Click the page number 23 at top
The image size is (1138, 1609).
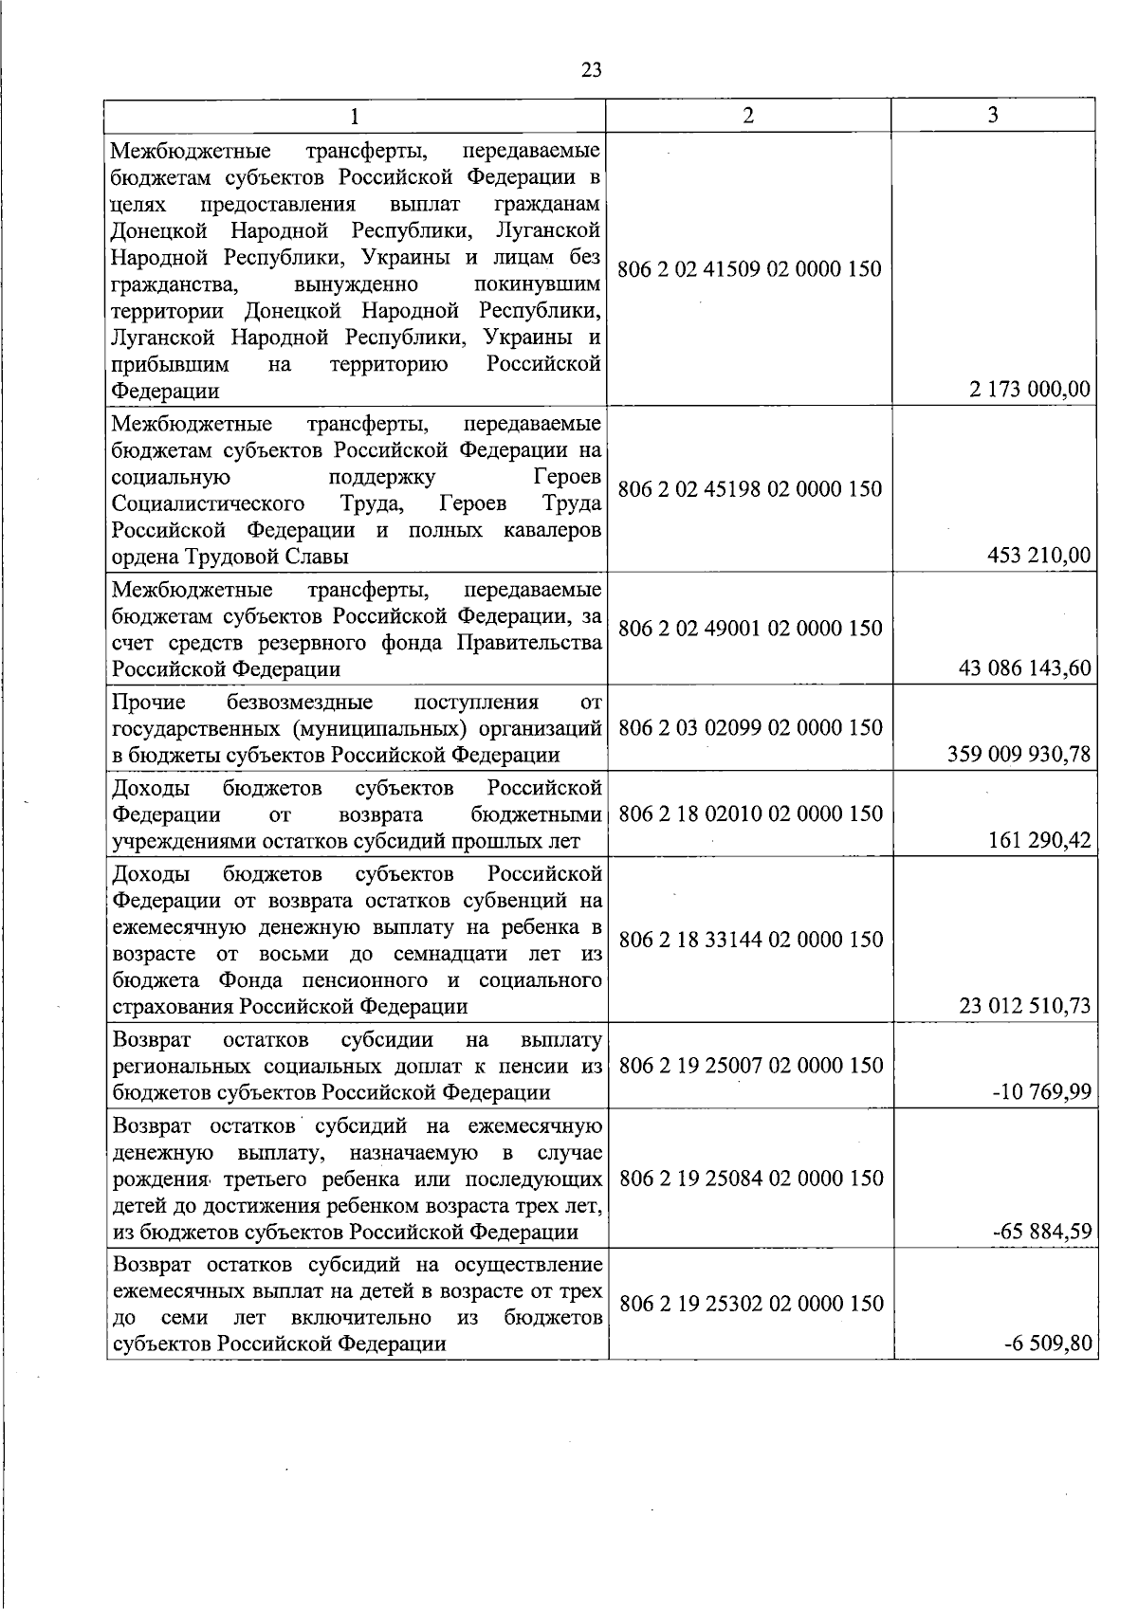click(x=591, y=70)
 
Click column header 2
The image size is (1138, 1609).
click(x=748, y=116)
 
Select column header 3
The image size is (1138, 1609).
click(x=993, y=116)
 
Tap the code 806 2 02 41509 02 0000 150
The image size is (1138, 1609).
click(x=749, y=269)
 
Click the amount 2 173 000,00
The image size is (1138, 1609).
click(x=1030, y=390)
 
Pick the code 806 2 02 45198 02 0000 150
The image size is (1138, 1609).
click(x=749, y=489)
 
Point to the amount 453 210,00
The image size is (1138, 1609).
click(x=1039, y=556)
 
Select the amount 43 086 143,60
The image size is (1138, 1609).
click(x=1025, y=668)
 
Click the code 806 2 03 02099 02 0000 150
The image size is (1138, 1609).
click(x=750, y=728)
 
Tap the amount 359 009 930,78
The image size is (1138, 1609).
click(x=1019, y=755)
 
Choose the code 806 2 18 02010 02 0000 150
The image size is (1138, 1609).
click(x=750, y=814)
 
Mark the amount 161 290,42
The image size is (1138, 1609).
click(x=1039, y=840)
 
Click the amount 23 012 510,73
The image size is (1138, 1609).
click(x=1025, y=1006)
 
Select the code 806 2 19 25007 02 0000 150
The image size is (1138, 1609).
click(x=750, y=1066)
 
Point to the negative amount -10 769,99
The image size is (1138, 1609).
click(x=1041, y=1092)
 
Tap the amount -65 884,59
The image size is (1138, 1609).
click(x=1041, y=1232)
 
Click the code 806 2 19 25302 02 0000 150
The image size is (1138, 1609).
click(x=750, y=1304)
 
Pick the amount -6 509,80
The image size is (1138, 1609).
click(x=1046, y=1344)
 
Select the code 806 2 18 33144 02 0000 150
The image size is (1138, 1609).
click(x=750, y=940)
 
